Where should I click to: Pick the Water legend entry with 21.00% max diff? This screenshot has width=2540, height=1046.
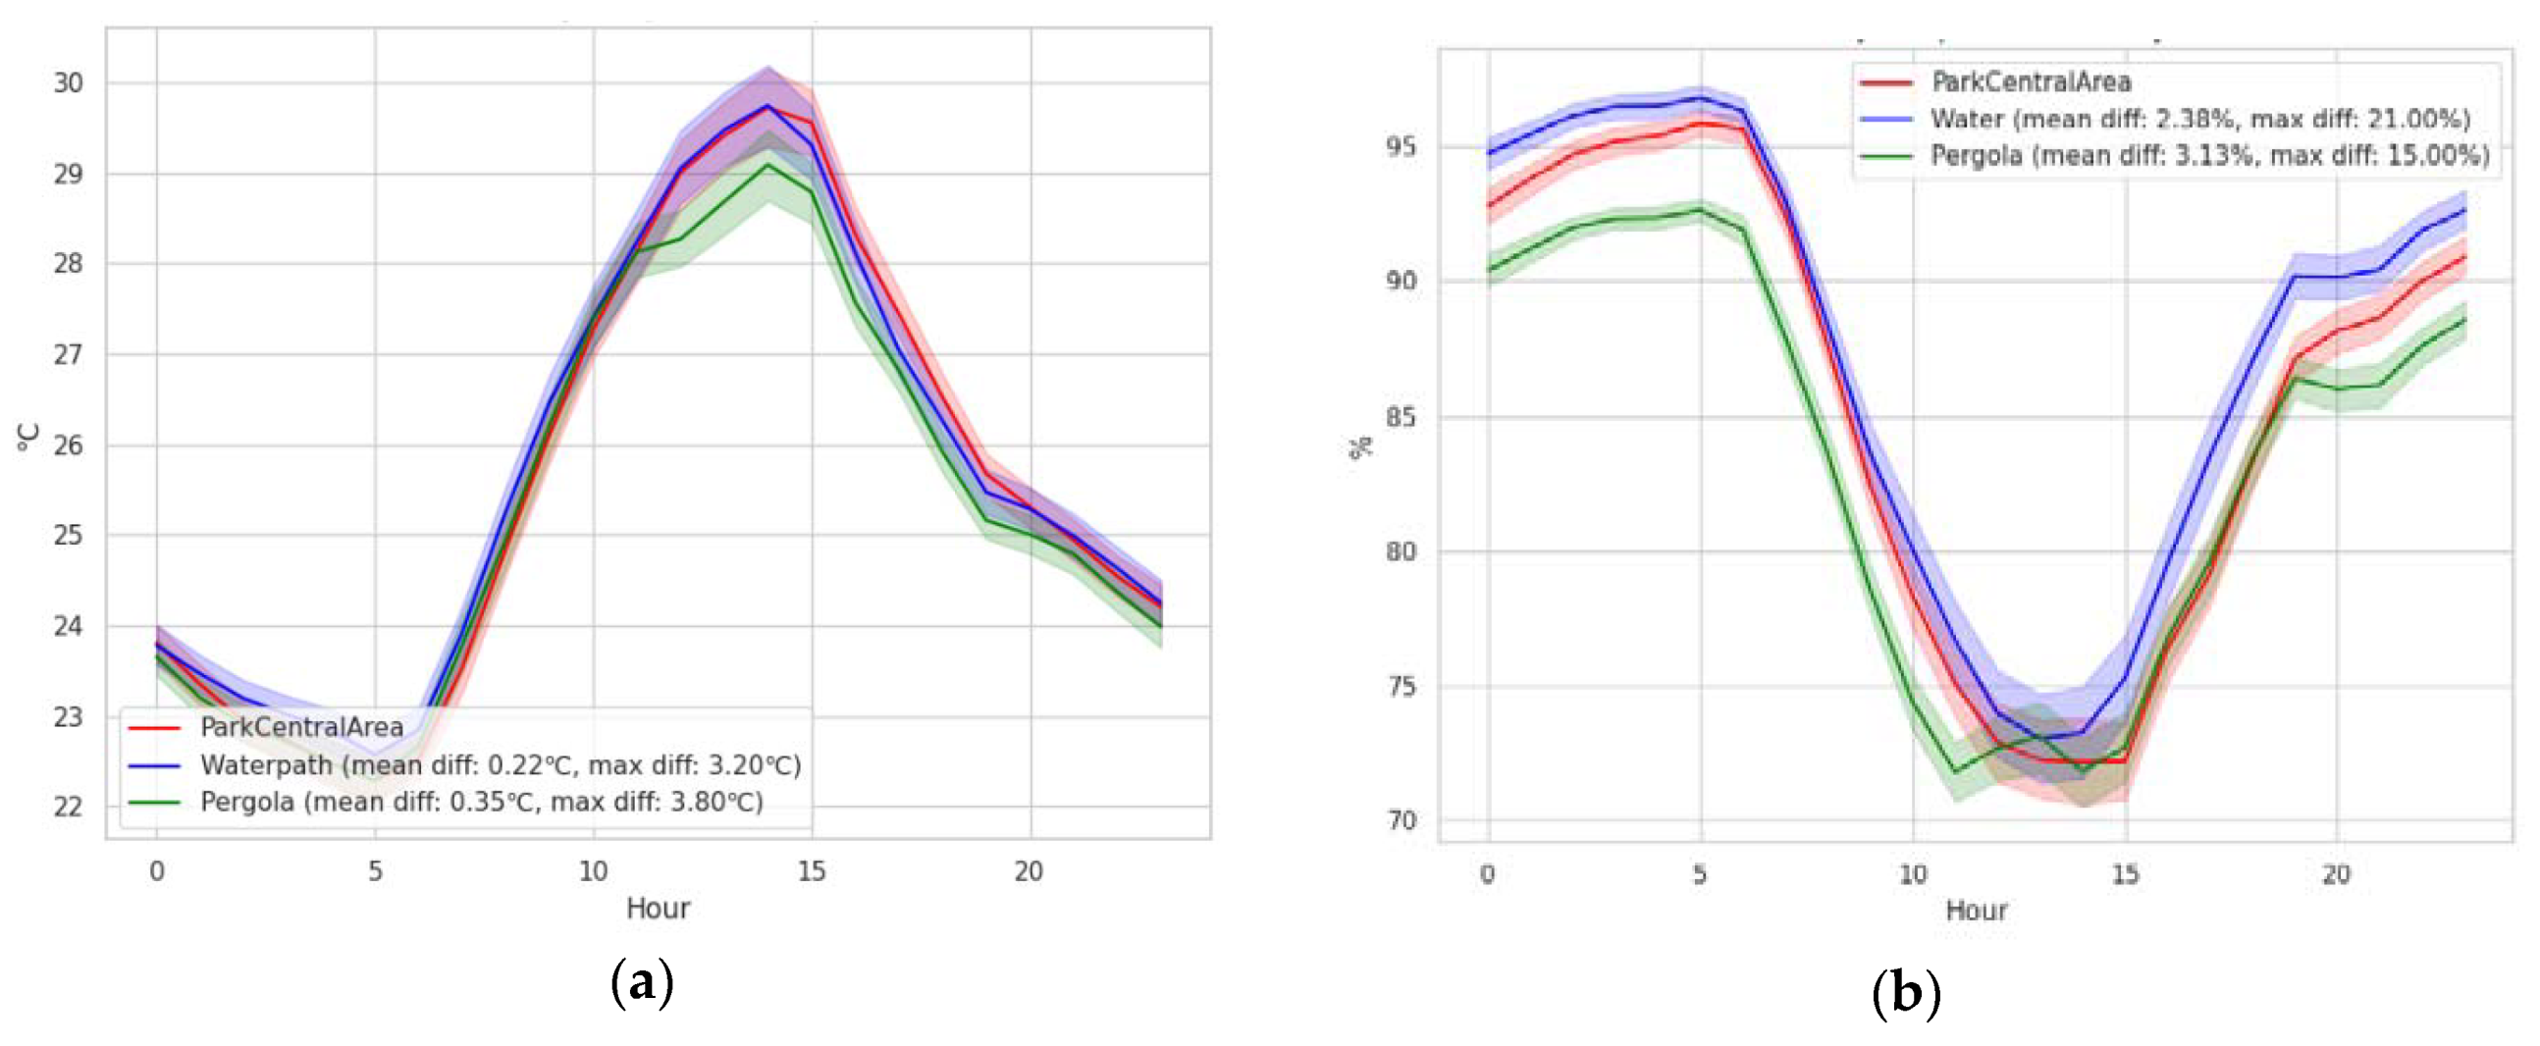[x=2198, y=120]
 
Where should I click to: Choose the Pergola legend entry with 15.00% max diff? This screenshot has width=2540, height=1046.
[x=2208, y=156]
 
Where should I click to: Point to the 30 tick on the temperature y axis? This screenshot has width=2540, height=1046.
[x=68, y=83]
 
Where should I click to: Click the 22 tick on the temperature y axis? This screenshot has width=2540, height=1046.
[x=68, y=808]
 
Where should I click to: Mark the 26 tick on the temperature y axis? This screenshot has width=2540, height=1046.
[x=68, y=445]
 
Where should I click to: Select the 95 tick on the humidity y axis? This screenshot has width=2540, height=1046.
[x=1401, y=148]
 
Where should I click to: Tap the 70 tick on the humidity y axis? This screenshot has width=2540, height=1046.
[x=1401, y=820]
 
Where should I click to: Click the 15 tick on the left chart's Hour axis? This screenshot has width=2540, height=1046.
[x=812, y=871]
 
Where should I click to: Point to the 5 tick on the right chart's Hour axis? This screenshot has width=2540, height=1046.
[x=1700, y=874]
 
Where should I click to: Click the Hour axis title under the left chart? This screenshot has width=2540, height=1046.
[x=658, y=908]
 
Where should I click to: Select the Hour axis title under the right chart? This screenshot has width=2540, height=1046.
[x=1976, y=910]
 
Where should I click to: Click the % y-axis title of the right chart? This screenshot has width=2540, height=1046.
[x=1360, y=446]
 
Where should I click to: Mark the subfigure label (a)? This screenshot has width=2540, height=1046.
[x=642, y=983]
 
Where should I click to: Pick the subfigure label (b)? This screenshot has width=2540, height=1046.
[x=1905, y=993]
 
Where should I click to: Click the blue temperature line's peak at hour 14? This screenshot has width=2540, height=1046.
[x=768, y=106]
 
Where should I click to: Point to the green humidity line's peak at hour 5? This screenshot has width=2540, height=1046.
[x=1700, y=209]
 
